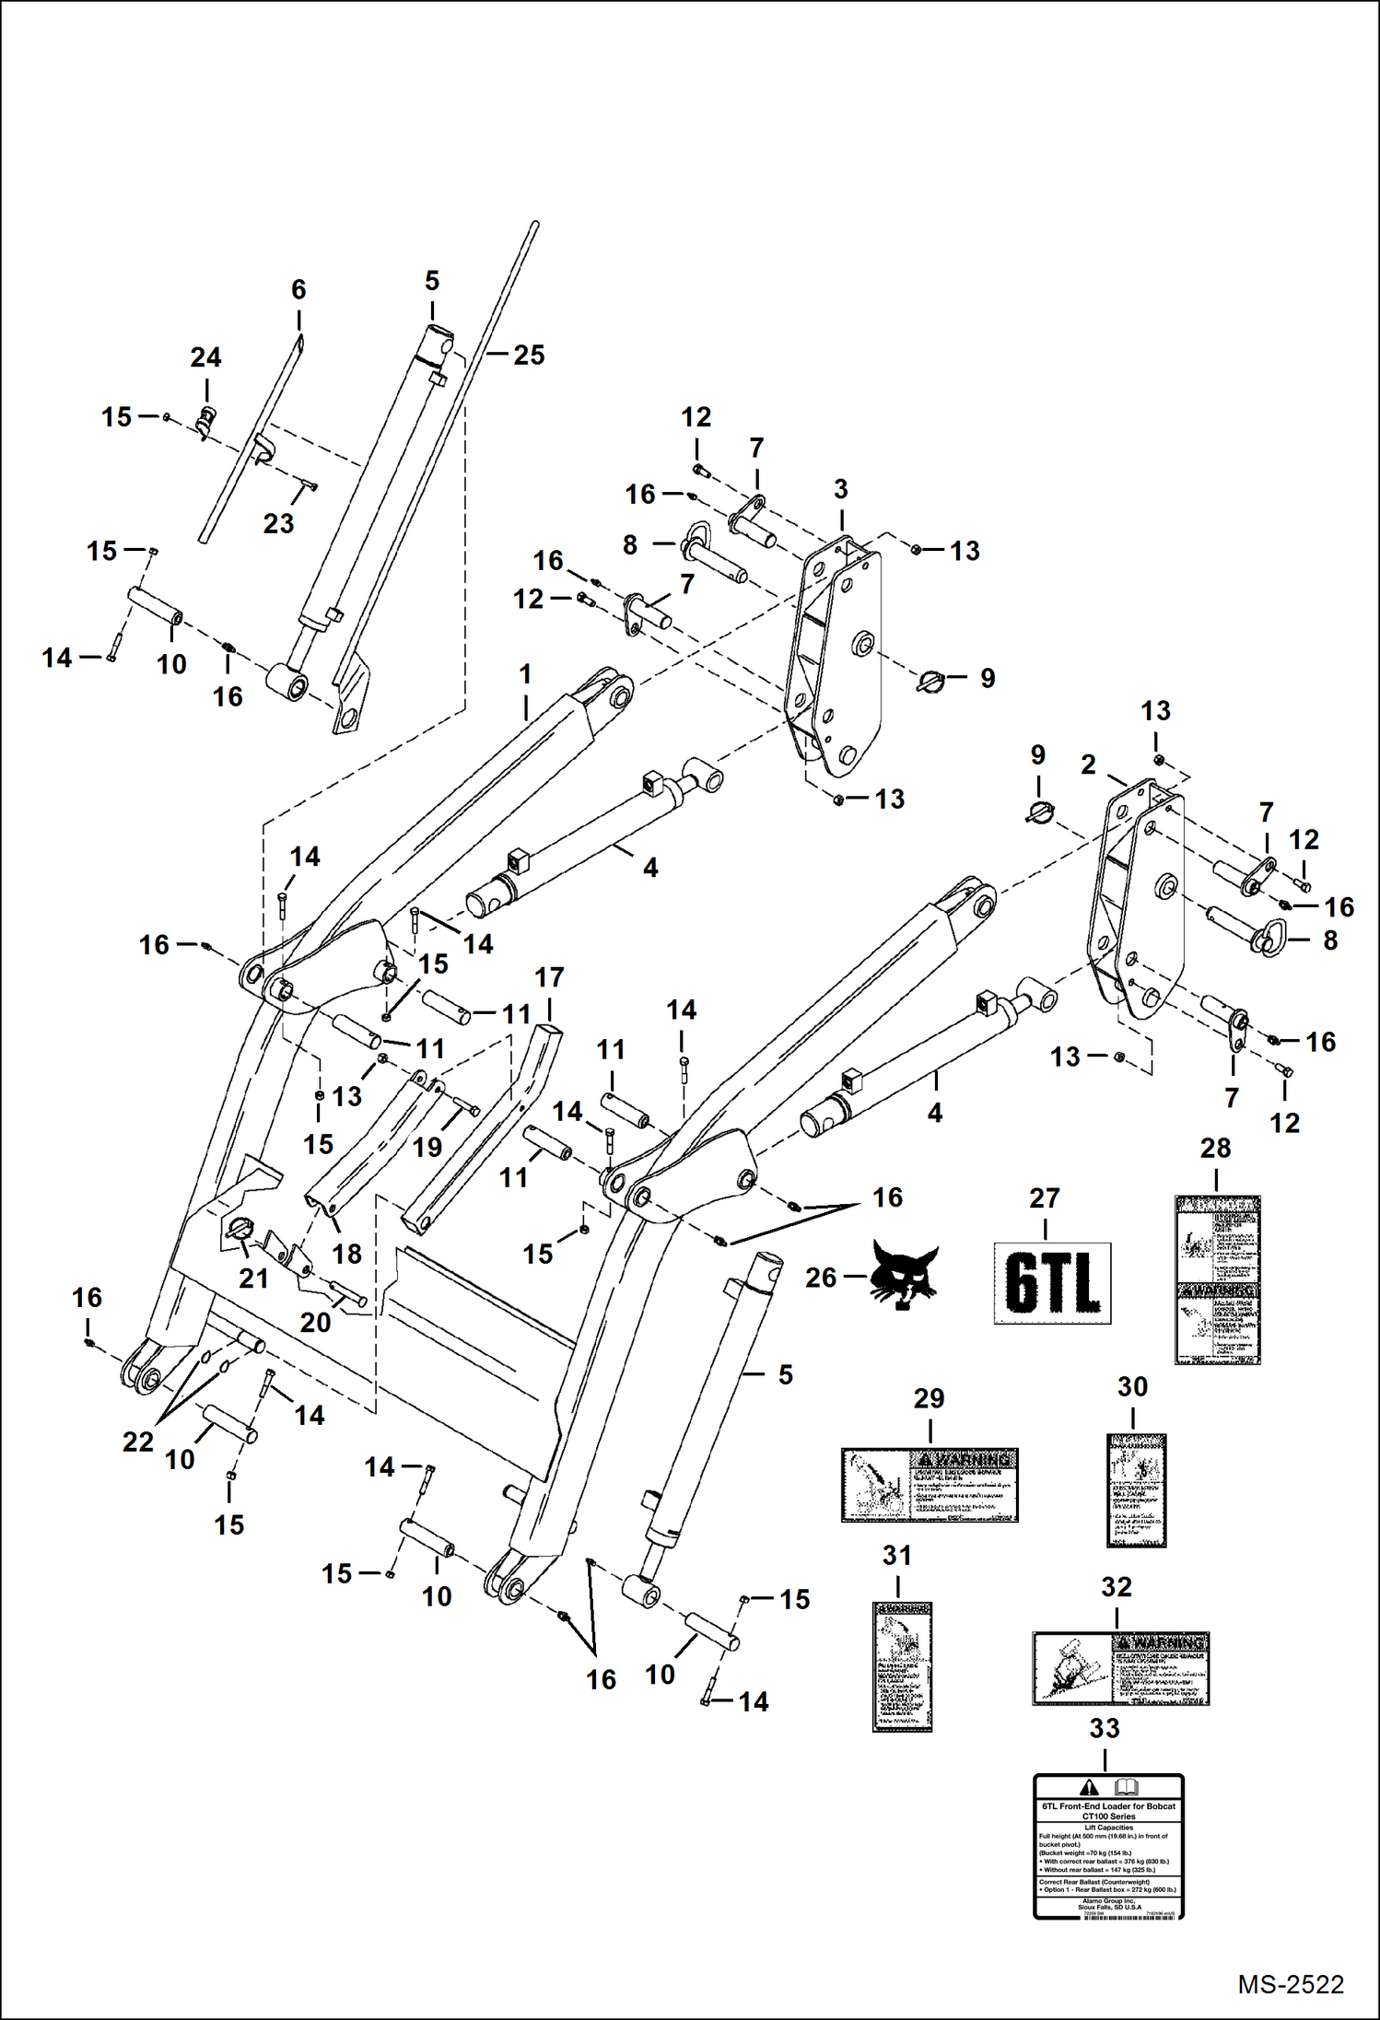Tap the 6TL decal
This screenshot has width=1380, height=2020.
(1052, 1283)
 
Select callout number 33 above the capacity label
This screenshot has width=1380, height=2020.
(1104, 1729)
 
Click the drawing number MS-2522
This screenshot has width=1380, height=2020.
(1290, 1984)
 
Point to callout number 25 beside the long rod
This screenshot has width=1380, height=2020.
(529, 355)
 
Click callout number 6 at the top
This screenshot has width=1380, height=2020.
(298, 289)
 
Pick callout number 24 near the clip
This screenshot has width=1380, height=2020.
(205, 357)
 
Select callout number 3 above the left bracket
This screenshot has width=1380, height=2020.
(840, 489)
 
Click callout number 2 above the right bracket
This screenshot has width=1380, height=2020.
(1088, 765)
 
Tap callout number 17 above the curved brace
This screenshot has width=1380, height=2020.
(549, 977)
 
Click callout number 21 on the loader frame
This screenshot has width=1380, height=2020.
(253, 1279)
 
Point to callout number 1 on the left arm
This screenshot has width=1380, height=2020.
(525, 674)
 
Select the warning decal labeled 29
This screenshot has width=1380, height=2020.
(929, 1484)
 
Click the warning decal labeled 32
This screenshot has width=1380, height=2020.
(1119, 1668)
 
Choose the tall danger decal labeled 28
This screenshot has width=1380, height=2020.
(1217, 1279)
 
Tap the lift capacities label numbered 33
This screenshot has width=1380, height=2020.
(1108, 1846)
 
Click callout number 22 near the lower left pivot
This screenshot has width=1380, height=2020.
(138, 1442)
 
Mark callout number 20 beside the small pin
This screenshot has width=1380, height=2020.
(315, 1322)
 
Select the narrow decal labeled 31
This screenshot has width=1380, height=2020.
(902, 1666)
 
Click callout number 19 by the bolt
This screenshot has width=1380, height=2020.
(427, 1147)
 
